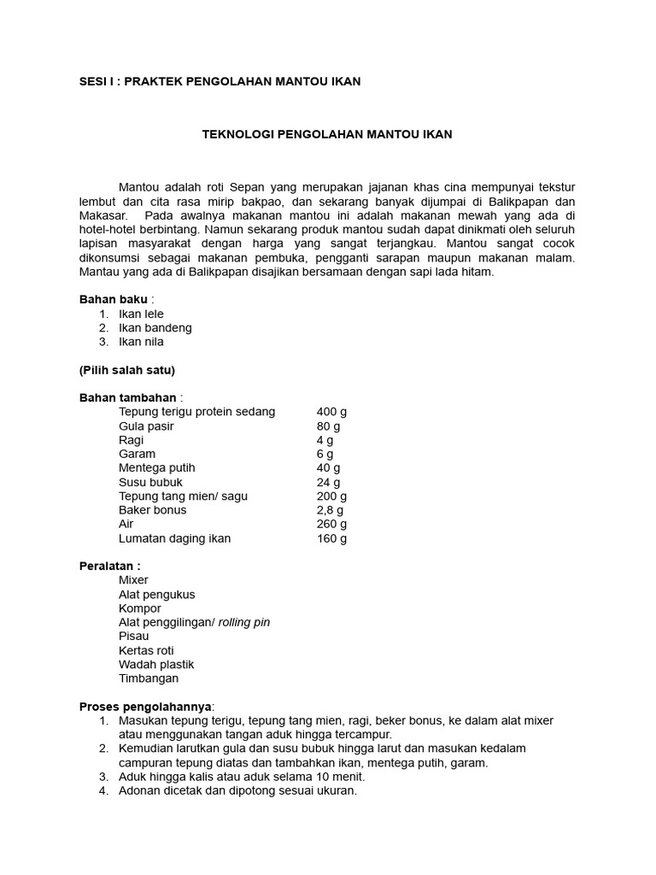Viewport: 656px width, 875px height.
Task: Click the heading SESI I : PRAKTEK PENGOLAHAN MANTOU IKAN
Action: click(220, 81)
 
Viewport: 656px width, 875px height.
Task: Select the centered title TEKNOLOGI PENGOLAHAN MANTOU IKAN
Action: click(326, 134)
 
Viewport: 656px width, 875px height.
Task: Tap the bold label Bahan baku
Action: click(113, 299)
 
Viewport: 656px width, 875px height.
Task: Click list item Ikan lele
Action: click(141, 314)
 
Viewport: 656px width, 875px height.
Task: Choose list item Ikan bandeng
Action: click(155, 327)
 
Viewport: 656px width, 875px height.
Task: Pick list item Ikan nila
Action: click(141, 342)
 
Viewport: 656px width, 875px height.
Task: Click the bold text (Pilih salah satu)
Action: click(126, 370)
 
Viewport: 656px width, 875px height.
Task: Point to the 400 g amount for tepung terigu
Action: click(331, 412)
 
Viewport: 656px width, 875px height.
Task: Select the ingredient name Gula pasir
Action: click(147, 426)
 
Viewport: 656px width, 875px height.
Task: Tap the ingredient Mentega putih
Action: click(157, 467)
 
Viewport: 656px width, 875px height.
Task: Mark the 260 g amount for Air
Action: click(331, 524)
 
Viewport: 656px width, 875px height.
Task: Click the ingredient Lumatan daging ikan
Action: click(174, 538)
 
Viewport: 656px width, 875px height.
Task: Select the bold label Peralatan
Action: click(108, 566)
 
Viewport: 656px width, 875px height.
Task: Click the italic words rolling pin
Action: click(244, 622)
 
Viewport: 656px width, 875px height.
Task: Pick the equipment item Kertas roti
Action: click(146, 650)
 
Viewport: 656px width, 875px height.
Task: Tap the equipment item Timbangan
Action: click(149, 678)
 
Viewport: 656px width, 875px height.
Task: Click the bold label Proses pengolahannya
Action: click(146, 707)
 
